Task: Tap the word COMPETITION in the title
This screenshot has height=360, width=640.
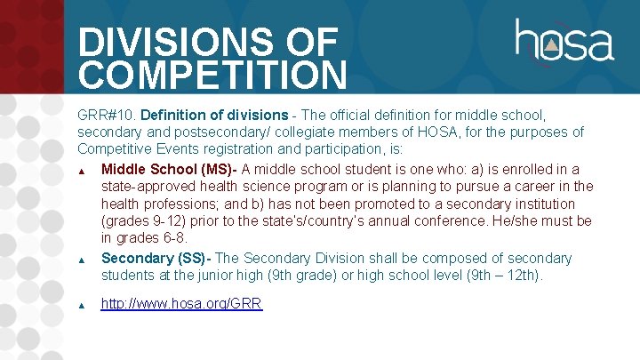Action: point(212,76)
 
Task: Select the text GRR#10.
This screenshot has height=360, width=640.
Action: point(106,115)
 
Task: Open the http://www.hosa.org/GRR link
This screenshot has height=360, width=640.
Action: point(181,303)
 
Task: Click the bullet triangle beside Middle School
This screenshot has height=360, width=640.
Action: point(81,171)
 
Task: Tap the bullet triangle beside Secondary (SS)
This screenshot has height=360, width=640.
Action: point(81,260)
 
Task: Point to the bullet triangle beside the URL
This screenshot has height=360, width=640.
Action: point(81,305)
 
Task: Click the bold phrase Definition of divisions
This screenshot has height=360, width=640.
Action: point(214,115)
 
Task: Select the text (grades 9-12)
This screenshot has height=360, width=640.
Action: point(148,221)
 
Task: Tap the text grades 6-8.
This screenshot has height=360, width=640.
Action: point(153,239)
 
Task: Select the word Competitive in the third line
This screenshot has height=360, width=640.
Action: point(116,150)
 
